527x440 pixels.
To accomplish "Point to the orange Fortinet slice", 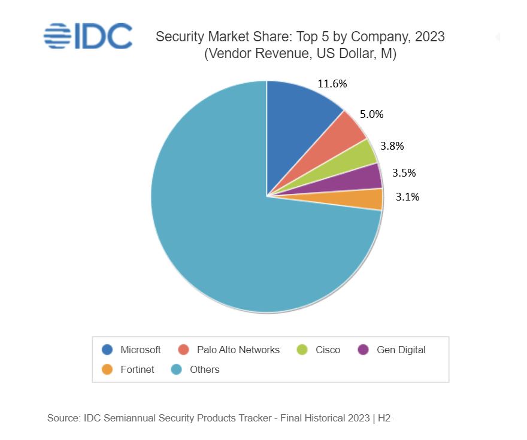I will pyautogui.click(x=365, y=199).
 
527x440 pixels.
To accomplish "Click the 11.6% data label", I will pyautogui.click(x=332, y=84).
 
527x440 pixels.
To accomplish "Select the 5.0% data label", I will pyautogui.click(x=371, y=114).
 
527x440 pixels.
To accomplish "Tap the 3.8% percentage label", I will pyautogui.click(x=392, y=145).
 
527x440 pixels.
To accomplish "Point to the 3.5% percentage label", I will pyautogui.click(x=404, y=173).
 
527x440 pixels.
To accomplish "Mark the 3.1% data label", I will pyautogui.click(x=407, y=196).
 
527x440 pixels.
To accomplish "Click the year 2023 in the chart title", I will pyautogui.click(x=429, y=37).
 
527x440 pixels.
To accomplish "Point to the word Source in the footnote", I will pyautogui.click(x=62, y=418).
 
